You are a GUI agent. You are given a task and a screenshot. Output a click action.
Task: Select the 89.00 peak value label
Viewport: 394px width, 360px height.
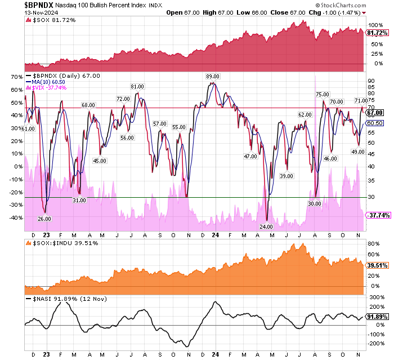pyautogui.click(x=212, y=76)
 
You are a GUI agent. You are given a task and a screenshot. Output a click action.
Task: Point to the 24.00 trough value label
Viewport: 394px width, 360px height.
pyautogui.click(x=266, y=226)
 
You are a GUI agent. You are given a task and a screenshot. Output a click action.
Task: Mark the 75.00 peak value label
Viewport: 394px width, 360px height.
pyautogui.click(x=323, y=95)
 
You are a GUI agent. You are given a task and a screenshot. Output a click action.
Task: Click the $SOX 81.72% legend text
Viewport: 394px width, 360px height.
pyautogui.click(x=50, y=21)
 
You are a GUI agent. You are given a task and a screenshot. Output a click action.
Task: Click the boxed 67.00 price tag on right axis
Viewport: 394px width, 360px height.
pyautogui.click(x=375, y=113)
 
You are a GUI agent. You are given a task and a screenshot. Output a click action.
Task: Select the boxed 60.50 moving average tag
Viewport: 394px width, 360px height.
pyautogui.click(x=375, y=123)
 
